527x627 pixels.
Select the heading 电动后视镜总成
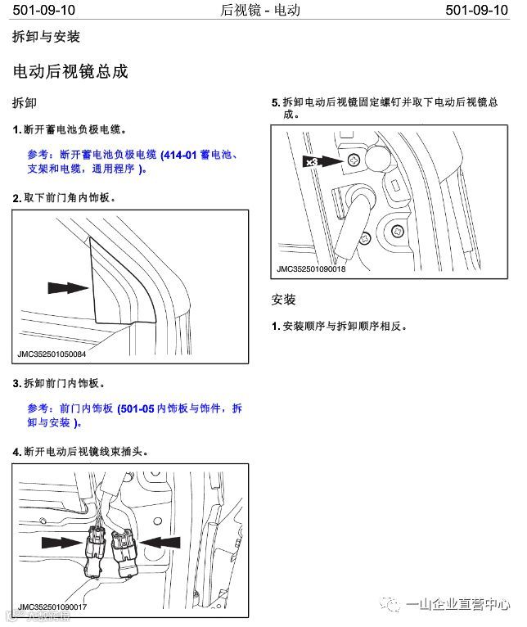pos(70,71)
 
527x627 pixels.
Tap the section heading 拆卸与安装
pos(46,38)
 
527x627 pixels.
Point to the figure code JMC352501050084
pos(52,354)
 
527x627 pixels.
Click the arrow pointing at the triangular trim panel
pos(67,287)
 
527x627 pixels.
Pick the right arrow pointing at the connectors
pos(160,540)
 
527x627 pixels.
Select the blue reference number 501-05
pos(136,408)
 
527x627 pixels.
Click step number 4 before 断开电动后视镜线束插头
pos(17,452)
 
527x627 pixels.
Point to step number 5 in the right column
pos(276,103)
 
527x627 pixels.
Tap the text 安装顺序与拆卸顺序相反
pos(345,326)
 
